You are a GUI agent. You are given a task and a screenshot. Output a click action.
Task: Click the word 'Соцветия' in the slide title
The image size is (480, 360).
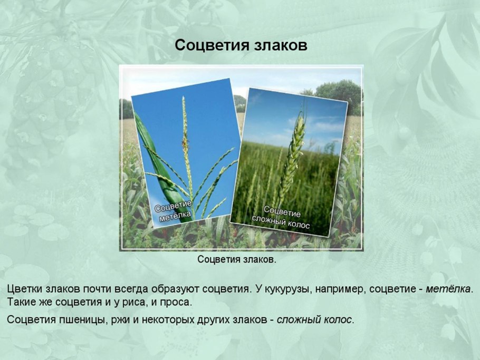(207, 45)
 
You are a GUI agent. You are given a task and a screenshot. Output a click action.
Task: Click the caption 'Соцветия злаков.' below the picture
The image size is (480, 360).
(237, 259)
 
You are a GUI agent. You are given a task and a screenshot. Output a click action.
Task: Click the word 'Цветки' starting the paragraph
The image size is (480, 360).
(24, 289)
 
